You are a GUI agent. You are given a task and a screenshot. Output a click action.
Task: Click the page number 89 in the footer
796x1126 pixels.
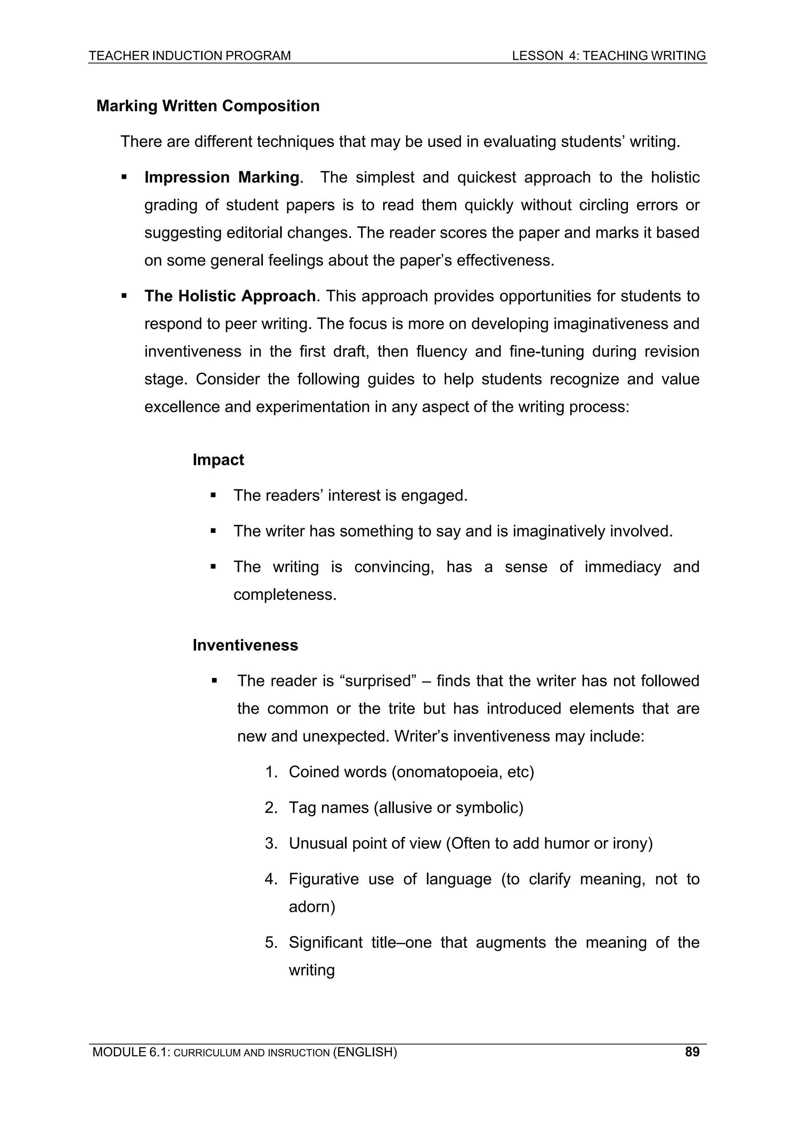click(692, 1052)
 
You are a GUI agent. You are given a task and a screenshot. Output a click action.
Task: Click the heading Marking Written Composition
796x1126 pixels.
click(208, 106)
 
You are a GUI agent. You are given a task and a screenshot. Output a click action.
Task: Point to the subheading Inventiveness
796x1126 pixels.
click(245, 645)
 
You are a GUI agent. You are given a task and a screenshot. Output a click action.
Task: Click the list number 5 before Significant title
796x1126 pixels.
click(271, 942)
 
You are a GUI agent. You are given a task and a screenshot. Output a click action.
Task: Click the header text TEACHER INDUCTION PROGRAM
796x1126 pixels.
click(190, 56)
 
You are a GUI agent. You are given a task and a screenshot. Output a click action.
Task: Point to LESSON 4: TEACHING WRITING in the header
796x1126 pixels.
click(609, 56)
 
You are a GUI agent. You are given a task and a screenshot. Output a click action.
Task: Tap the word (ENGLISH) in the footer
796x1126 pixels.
click(365, 1052)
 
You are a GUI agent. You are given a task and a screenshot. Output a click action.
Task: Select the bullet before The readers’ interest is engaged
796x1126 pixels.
click(213, 495)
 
